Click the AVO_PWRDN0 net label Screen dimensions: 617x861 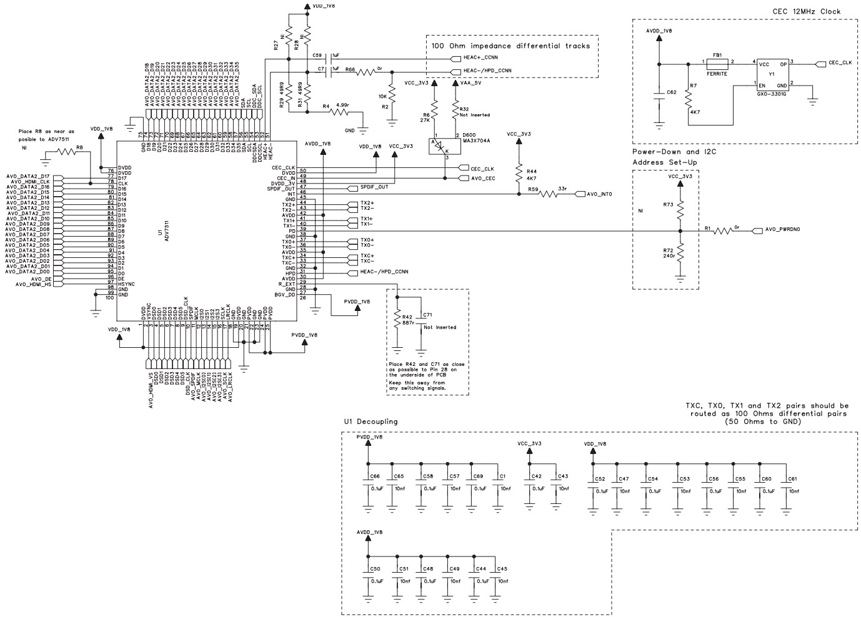pos(782,230)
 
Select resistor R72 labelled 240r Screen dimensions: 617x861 pos(680,253)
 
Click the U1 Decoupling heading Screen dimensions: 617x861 pos(371,422)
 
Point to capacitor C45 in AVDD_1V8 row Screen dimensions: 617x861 pos(497,578)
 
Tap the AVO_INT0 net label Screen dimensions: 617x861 pos(599,194)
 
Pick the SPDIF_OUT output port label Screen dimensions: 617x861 pos(374,187)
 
